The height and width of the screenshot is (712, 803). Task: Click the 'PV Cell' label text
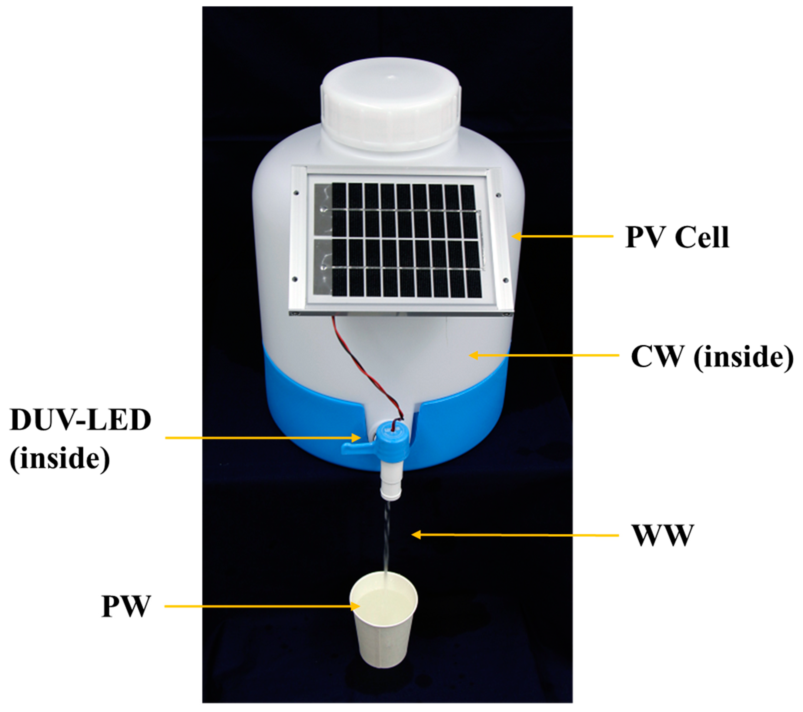tap(677, 237)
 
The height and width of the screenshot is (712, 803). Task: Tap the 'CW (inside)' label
tap(711, 357)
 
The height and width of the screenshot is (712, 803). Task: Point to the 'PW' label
tap(126, 606)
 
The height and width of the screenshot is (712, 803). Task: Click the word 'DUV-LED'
tap(81, 420)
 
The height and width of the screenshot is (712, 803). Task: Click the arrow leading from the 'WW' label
tap(515, 535)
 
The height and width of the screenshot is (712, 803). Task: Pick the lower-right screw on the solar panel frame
tap(506, 280)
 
